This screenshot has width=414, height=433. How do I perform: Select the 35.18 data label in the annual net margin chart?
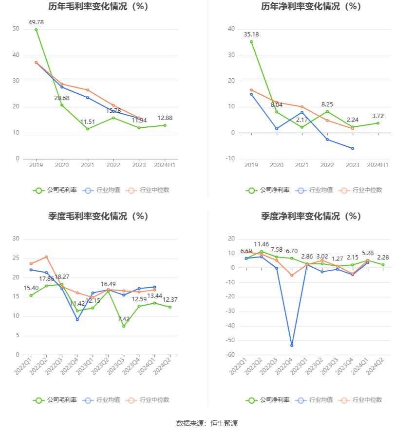pyautogui.click(x=251, y=34)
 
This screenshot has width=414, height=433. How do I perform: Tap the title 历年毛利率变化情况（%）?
pyautogui.click(x=98, y=7)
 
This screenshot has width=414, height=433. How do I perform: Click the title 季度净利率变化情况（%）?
pyautogui.click(x=311, y=216)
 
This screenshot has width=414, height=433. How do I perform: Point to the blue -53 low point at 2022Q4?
pyautogui.click(x=292, y=345)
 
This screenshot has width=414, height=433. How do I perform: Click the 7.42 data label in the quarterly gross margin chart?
pyautogui.click(x=123, y=319)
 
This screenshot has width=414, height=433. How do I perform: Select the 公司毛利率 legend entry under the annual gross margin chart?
pyautogui.click(x=55, y=190)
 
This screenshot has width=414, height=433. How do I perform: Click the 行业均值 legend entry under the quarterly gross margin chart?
pyautogui.click(x=102, y=400)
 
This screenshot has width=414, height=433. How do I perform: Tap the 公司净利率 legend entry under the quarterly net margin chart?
pyautogui.click(x=268, y=400)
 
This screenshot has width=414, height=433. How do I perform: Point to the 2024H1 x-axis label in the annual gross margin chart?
pyautogui.click(x=165, y=165)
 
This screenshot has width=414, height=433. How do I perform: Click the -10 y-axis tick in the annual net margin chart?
pyautogui.click(x=231, y=158)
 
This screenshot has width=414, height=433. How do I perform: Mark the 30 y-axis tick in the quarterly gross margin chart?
pyautogui.click(x=16, y=239)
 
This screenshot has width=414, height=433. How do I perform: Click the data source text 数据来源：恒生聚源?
pyautogui.click(x=207, y=423)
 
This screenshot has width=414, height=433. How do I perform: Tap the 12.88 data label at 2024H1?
pyautogui.click(x=165, y=118)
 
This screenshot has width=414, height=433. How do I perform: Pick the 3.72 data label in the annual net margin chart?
pyautogui.click(x=377, y=116)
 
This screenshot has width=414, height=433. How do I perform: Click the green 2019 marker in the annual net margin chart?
pyautogui.click(x=251, y=42)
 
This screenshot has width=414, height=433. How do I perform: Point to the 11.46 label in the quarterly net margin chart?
pyautogui.click(x=261, y=244)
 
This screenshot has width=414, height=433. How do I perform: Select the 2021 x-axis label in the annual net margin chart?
pyautogui.click(x=302, y=165)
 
